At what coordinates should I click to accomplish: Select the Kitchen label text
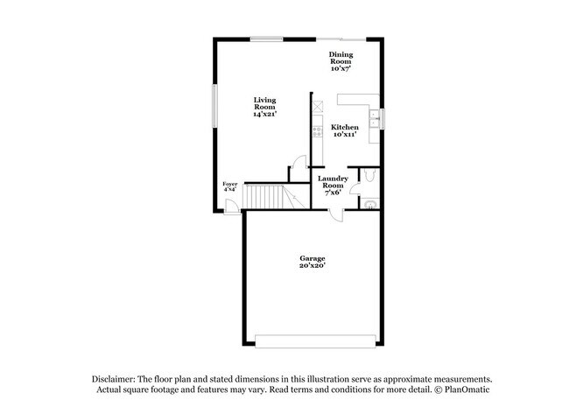pyautogui.click(x=345, y=127)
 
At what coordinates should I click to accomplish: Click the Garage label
pyautogui.click(x=313, y=258)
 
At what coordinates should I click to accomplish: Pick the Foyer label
pyautogui.click(x=230, y=184)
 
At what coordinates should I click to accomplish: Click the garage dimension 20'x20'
pyautogui.click(x=313, y=266)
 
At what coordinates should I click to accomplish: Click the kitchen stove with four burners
pyautogui.click(x=317, y=133)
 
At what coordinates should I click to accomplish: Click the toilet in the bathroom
pyautogui.click(x=370, y=178)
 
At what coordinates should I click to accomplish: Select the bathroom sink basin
pyautogui.click(x=370, y=206)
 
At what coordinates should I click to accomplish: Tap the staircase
pyautogui.click(x=265, y=198)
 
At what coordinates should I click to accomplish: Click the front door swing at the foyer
pyautogui.click(x=230, y=207)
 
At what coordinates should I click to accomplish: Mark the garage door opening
pyautogui.click(x=313, y=339)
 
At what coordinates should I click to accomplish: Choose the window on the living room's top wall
pyautogui.click(x=266, y=39)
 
